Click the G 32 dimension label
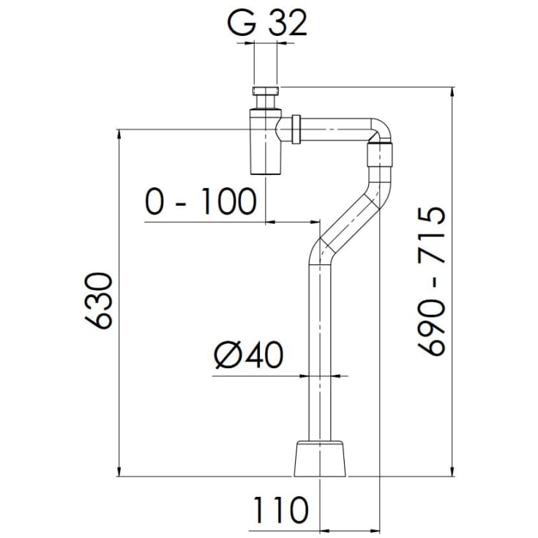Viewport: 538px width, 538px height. pos(267,24)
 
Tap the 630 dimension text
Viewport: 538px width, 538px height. pos(98,301)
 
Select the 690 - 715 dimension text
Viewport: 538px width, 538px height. pos(432,281)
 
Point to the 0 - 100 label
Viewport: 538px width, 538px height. pos(201,201)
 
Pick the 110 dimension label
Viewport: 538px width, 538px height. pos(280,510)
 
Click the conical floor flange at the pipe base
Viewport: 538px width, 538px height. pos(320,458)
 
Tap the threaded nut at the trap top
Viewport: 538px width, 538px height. pos(265,91)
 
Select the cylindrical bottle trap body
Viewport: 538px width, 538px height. pos(266,142)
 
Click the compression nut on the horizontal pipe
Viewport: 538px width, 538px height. pos(296,130)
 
